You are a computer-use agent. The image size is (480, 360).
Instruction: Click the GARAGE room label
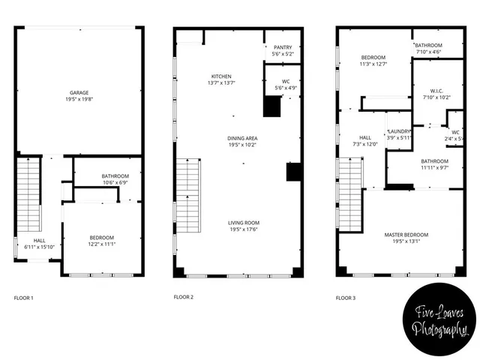(79, 93)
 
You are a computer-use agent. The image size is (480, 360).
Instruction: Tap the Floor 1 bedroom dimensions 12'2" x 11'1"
(103, 244)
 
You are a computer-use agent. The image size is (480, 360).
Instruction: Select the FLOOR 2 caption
(184, 298)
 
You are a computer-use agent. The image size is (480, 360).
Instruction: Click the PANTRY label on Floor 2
(283, 47)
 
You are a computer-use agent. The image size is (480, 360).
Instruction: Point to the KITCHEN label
(221, 76)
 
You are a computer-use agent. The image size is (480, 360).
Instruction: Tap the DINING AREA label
(242, 138)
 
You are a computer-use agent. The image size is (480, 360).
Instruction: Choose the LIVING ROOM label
(244, 223)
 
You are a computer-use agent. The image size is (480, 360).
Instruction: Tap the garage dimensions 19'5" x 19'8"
(79, 99)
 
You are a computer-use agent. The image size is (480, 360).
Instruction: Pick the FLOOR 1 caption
(23, 298)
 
